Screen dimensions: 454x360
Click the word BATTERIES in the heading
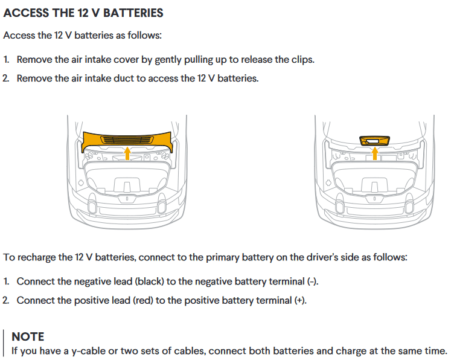(133, 13)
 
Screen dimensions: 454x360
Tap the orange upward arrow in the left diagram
(127, 153)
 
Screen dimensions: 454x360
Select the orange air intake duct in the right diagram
(375, 141)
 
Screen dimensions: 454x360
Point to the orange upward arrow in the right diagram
(375, 153)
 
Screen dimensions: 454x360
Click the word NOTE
(28, 337)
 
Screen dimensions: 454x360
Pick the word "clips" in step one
(302, 60)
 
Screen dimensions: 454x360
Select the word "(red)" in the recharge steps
(143, 300)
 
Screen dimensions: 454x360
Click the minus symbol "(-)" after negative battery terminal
(312, 281)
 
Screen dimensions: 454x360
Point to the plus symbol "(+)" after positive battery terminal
(299, 300)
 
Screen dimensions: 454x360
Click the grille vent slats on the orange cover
(127, 140)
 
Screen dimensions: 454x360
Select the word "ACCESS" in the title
(27, 13)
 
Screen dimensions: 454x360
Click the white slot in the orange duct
(372, 141)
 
